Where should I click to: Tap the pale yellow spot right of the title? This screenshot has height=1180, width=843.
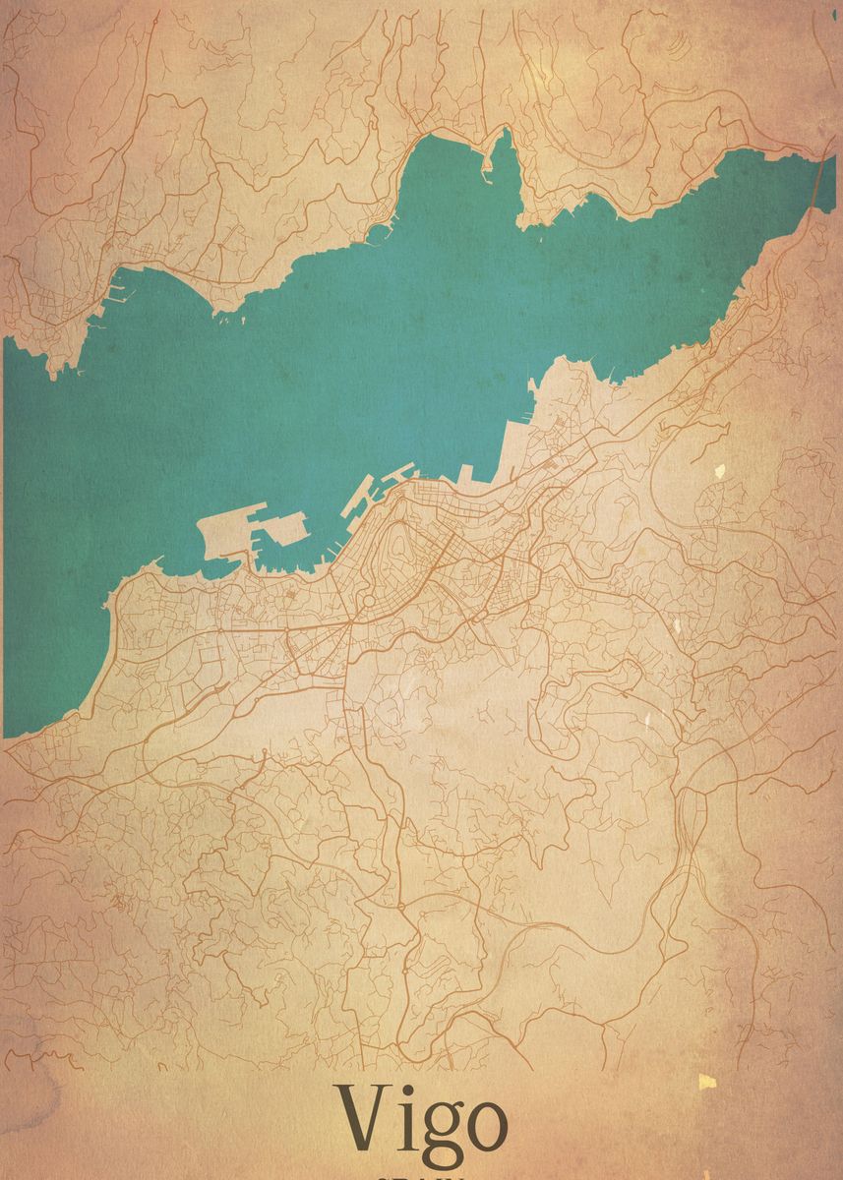[706, 1082]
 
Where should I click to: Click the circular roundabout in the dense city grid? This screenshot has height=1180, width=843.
[366, 601]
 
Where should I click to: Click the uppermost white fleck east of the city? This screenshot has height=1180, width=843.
[720, 471]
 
